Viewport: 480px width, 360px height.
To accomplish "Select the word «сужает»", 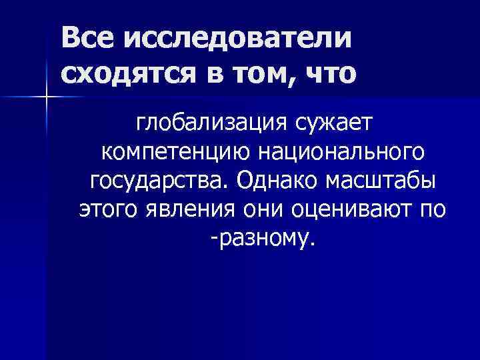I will point(336,124).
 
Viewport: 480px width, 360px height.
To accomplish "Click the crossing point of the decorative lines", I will point(47,98).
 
